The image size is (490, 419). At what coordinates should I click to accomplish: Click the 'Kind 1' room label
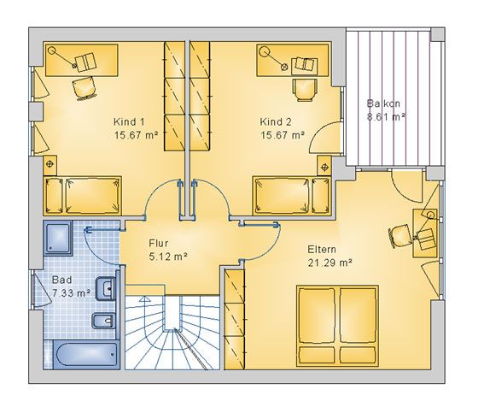129,121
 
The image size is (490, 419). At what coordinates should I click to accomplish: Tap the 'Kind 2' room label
276,121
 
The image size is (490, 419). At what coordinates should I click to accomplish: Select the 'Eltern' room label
322,250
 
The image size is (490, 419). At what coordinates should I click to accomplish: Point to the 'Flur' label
159,243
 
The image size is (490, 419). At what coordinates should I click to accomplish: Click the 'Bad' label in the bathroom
61,280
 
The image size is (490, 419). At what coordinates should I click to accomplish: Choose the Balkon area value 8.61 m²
386,117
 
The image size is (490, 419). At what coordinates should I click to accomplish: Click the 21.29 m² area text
330,263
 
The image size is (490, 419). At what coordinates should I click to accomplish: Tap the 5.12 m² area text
168,257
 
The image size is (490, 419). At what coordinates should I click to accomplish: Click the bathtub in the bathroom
86,355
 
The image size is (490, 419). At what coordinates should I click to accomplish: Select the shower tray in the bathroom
58,238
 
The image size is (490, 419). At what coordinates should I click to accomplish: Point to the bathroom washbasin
106,288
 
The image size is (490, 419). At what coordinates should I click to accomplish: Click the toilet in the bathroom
104,320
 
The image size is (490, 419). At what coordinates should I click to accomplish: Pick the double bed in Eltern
337,326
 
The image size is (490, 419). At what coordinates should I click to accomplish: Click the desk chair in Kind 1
85,88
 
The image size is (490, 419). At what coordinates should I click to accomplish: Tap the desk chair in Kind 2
305,89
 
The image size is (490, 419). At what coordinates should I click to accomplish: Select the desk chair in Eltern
400,235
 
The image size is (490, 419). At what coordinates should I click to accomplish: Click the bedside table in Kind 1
50,165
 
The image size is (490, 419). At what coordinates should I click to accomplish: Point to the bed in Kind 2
292,196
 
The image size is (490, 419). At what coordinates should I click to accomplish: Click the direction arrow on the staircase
144,299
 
